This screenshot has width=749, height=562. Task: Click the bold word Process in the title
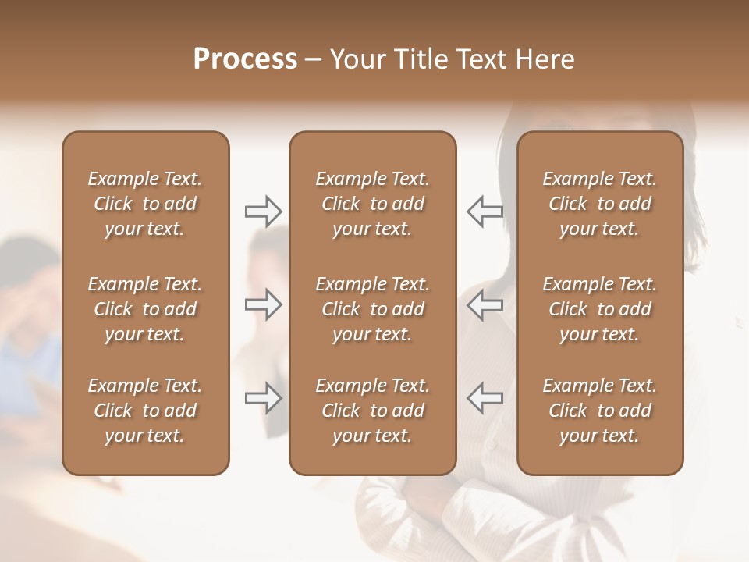coord(245,59)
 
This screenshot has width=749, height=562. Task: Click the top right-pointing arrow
coord(264,212)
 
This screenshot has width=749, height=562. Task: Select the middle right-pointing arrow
coord(264,304)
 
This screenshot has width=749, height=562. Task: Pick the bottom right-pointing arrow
coord(264,398)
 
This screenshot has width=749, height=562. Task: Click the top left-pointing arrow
coord(485,212)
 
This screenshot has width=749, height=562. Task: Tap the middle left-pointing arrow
coord(485,304)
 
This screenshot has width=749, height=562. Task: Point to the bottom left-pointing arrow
coord(485,398)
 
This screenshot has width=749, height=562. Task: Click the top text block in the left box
coord(145,204)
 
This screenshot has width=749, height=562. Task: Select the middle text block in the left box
coord(145,309)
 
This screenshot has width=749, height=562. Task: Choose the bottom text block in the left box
coord(145,411)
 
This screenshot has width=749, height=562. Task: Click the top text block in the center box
coord(372,204)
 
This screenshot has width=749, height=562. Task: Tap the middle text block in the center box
coord(372,309)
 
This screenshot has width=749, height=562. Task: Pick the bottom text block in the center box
coord(372,411)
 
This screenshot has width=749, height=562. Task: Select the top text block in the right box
coord(599,204)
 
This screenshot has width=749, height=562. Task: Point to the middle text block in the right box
coord(599,309)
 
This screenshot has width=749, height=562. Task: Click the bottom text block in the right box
coord(599,411)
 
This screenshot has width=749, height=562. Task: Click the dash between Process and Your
coord(313,60)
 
